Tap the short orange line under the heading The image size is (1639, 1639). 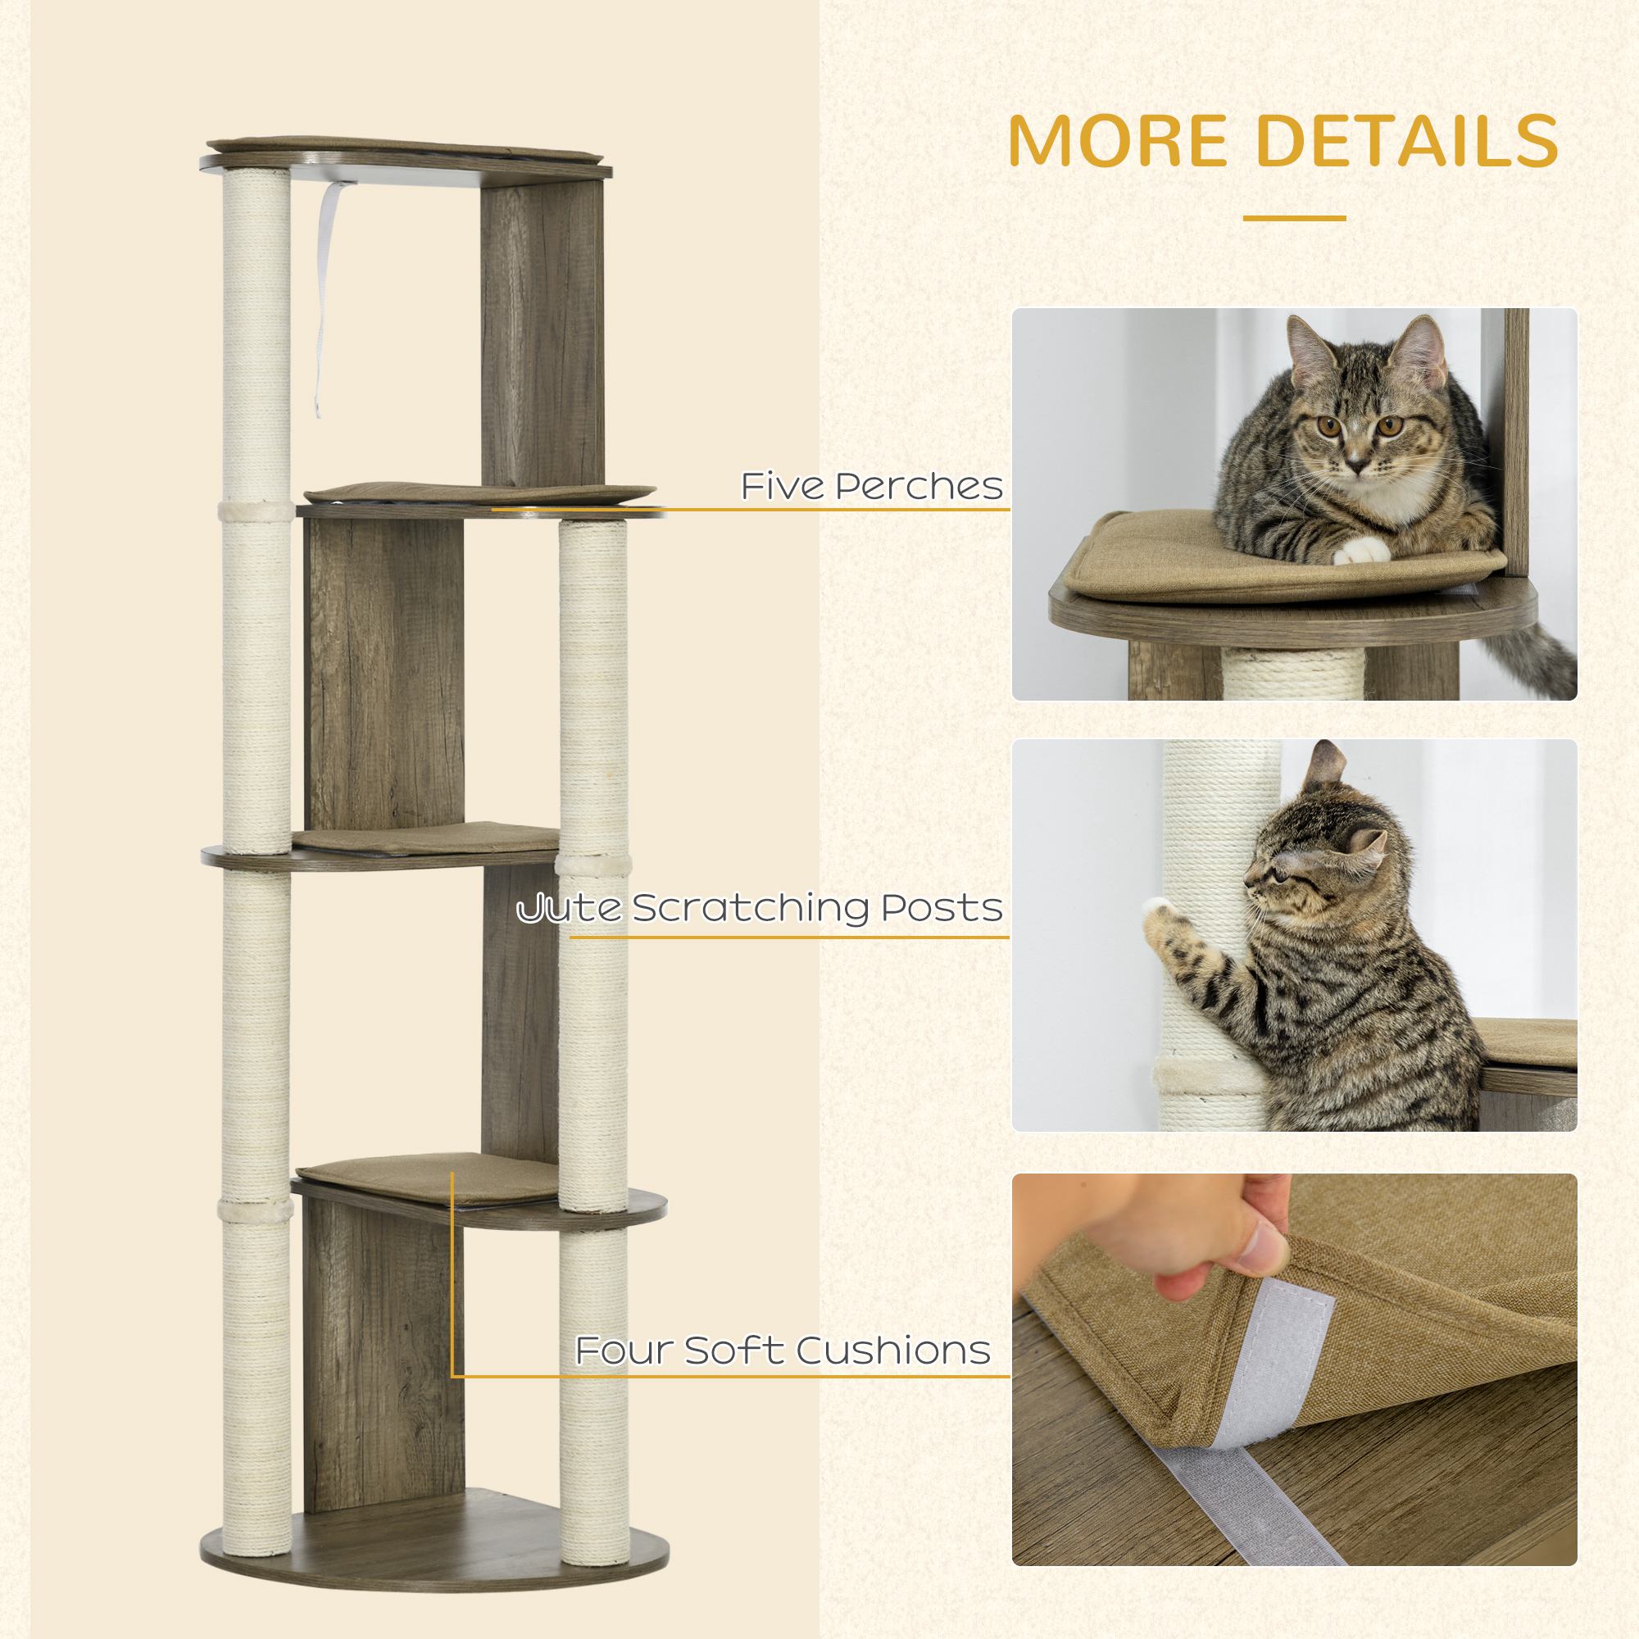point(1294,218)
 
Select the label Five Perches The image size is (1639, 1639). point(871,486)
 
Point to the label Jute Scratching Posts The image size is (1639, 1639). point(760,909)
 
